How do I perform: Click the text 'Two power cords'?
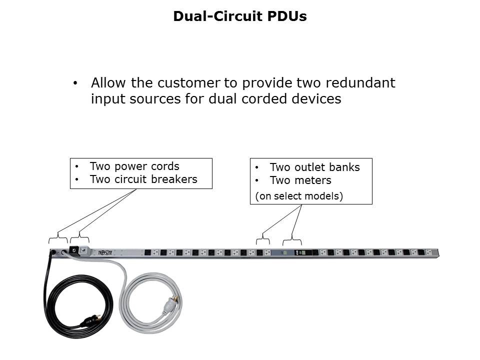click(134, 166)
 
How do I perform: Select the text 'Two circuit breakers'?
click(143, 179)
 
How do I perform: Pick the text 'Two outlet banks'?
click(314, 167)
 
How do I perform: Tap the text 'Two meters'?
click(300, 180)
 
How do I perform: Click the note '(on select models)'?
click(299, 196)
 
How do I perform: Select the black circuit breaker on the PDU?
click(73, 250)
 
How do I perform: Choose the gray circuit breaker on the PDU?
click(84, 250)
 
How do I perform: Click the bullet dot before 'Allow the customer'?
click(75, 83)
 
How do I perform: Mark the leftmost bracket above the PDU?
click(58, 236)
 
